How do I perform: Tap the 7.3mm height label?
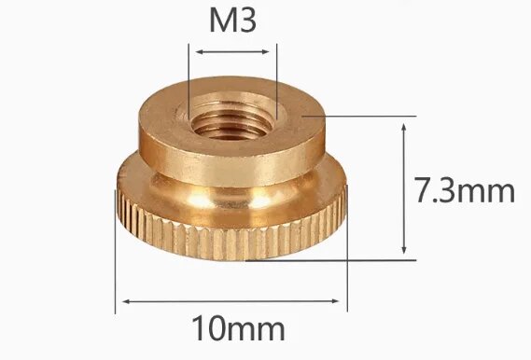click(x=464, y=192)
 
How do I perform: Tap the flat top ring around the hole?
click(x=289, y=117)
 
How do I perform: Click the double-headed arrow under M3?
click(x=233, y=50)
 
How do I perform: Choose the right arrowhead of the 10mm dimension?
click(x=342, y=300)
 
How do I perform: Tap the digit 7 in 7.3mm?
click(x=421, y=192)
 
